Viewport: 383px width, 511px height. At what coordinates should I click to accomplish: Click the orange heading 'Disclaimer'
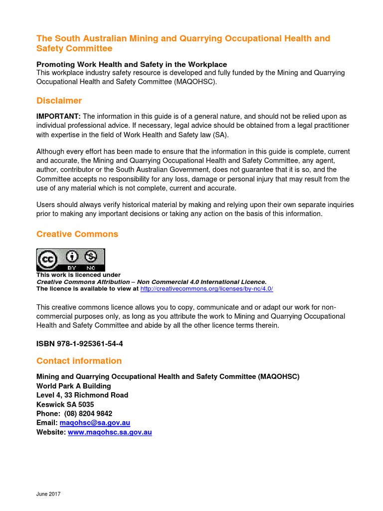59,101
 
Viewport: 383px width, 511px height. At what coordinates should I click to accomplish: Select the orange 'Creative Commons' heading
77,234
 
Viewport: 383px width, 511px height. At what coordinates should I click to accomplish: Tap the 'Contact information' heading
79,361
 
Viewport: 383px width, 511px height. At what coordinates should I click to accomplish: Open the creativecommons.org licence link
206,289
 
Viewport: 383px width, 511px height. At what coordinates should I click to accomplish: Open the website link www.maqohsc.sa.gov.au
110,432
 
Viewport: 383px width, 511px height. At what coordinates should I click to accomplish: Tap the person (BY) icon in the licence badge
73,256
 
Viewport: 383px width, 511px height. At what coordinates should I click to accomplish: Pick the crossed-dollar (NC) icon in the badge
90,256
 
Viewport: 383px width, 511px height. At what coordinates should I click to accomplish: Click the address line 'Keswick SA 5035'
65,404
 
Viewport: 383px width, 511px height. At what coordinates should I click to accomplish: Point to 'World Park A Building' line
74,386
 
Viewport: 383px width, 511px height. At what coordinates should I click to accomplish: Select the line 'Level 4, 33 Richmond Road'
82,395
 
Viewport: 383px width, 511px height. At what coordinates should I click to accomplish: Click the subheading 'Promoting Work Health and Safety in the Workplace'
132,64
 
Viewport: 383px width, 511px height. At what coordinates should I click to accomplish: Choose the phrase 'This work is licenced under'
78,275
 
